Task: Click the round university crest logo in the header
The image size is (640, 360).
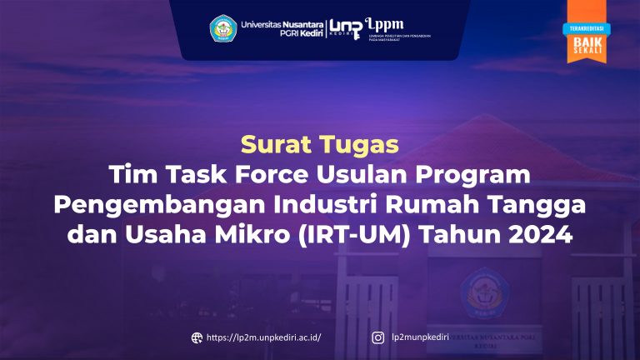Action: [x=223, y=27]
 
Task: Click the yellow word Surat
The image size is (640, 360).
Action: [x=271, y=144]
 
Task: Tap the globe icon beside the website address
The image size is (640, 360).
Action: [x=197, y=337]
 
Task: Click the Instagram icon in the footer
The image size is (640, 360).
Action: [x=377, y=337]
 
